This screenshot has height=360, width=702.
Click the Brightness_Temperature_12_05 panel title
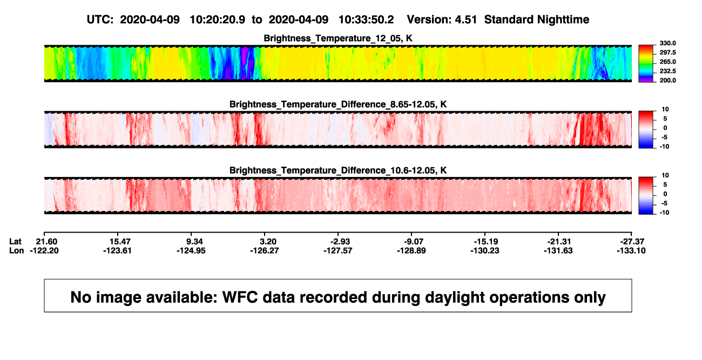click(338, 38)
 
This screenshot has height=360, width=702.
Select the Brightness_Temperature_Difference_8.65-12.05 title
click(338, 104)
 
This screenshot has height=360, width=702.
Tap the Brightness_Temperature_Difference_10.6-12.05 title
click(338, 171)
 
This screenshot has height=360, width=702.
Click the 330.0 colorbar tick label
click(667, 43)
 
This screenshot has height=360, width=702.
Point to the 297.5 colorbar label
click(667, 52)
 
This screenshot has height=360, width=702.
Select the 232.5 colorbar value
click(667, 71)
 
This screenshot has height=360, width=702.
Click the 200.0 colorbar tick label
click(667, 80)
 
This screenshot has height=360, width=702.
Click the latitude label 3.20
click(268, 242)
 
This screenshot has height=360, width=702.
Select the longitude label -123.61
click(117, 250)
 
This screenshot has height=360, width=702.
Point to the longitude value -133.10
click(631, 250)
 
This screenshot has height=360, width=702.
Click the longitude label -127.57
click(338, 250)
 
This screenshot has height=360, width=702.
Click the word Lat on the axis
click(15, 242)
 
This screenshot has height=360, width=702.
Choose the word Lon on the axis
click(17, 250)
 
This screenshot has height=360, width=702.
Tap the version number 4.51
click(466, 20)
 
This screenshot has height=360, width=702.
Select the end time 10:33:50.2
click(366, 20)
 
